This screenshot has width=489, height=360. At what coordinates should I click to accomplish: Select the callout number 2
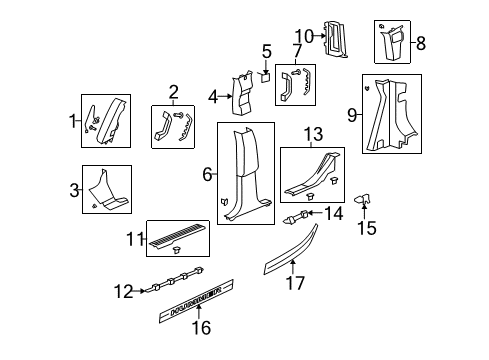(173, 92)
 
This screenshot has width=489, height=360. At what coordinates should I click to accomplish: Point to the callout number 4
(212, 97)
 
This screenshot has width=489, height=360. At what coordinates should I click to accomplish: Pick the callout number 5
(267, 51)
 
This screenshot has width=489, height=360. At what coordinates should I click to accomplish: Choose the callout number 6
(207, 174)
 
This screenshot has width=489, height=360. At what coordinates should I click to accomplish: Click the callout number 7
(297, 50)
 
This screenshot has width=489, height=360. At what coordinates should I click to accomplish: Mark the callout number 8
(421, 43)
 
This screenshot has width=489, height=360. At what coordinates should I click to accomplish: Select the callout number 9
(351, 116)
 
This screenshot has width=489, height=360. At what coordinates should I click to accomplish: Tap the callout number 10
(310, 37)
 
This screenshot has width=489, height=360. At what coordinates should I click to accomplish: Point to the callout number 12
(123, 292)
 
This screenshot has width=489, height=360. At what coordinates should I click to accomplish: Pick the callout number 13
(313, 136)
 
